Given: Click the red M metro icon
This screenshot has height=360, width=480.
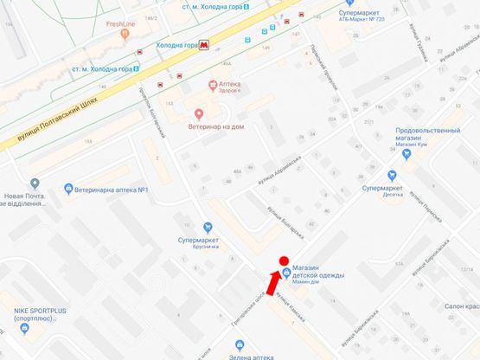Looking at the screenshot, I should pyautogui.click(x=204, y=44).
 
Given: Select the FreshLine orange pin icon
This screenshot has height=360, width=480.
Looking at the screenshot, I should pyautogui.click(x=125, y=34).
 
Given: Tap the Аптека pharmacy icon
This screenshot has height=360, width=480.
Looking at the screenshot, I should pyautogui.click(x=212, y=84).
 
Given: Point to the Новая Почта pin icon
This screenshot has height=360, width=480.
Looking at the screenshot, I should pyautogui.click(x=34, y=183).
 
